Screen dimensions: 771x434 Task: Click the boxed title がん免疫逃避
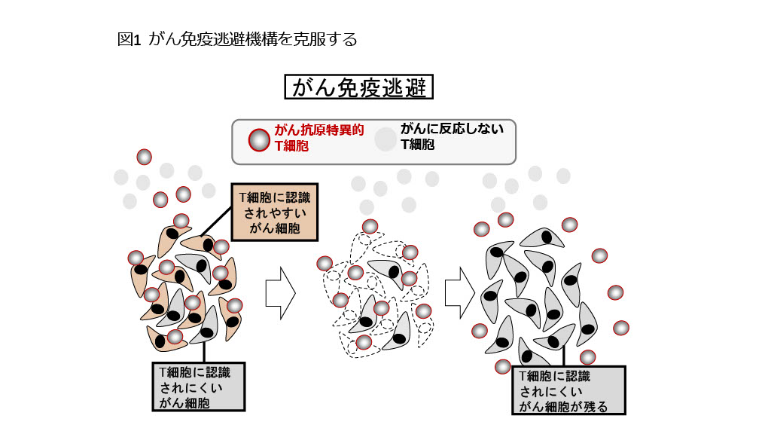pyautogui.click(x=358, y=87)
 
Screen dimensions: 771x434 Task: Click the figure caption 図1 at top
pyautogui.click(x=129, y=39)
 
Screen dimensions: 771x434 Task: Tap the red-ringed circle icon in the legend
pyautogui.click(x=259, y=140)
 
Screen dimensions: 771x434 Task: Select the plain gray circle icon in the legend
pyautogui.click(x=385, y=139)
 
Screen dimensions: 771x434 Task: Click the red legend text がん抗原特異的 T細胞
pyautogui.click(x=319, y=138)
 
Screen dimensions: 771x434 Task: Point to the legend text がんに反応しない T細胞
pyautogui.click(x=453, y=136)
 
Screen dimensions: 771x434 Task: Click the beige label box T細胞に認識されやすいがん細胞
pyautogui.click(x=275, y=212)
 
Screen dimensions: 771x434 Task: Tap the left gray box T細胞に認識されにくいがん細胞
pyautogui.click(x=198, y=387)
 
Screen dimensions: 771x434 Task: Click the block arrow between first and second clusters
pyautogui.click(x=280, y=293)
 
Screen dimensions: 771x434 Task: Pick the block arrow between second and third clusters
pyautogui.click(x=460, y=293)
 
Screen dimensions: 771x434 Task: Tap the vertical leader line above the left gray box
pyautogui.click(x=204, y=352)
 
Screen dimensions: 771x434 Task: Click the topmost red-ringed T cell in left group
pyautogui.click(x=144, y=157)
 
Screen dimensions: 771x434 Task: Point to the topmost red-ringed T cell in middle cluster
pyautogui.click(x=370, y=226)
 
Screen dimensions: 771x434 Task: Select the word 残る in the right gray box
pyautogui.click(x=596, y=407)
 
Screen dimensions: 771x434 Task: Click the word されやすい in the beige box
pyautogui.click(x=275, y=212)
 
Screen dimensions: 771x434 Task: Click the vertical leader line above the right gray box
pyautogui.click(x=564, y=356)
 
